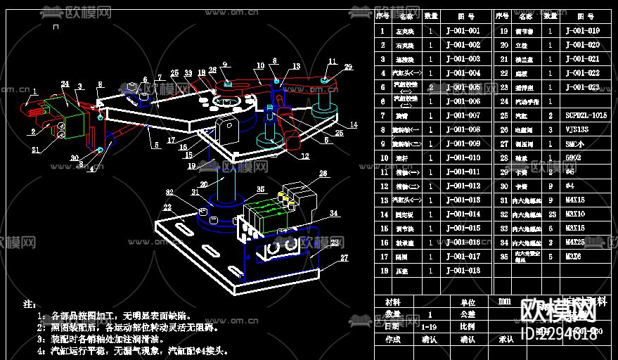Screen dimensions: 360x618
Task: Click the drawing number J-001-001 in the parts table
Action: (x=463, y=31)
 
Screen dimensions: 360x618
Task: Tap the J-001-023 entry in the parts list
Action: (x=583, y=87)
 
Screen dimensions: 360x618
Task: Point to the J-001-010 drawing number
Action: (x=463, y=158)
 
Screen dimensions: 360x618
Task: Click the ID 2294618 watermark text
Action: (x=560, y=334)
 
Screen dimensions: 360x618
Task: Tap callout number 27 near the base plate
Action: (x=344, y=258)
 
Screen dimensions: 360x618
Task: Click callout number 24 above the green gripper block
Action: (x=65, y=84)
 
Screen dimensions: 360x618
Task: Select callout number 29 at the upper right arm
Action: (x=348, y=67)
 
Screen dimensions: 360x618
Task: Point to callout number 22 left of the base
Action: (x=167, y=207)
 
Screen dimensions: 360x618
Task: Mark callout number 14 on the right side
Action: (x=354, y=124)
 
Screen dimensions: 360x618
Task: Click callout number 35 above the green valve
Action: (x=260, y=190)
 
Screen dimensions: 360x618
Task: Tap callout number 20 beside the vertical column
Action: (x=202, y=184)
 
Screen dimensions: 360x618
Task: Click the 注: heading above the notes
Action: (x=29, y=304)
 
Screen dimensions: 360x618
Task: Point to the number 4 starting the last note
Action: (x=40, y=350)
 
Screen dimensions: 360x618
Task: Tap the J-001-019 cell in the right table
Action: (x=583, y=31)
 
